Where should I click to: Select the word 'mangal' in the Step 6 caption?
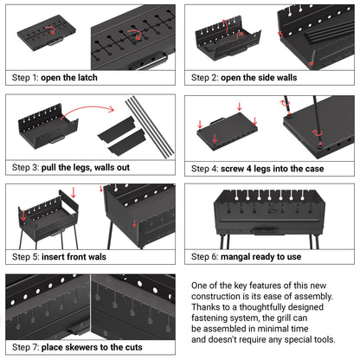[239, 257]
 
